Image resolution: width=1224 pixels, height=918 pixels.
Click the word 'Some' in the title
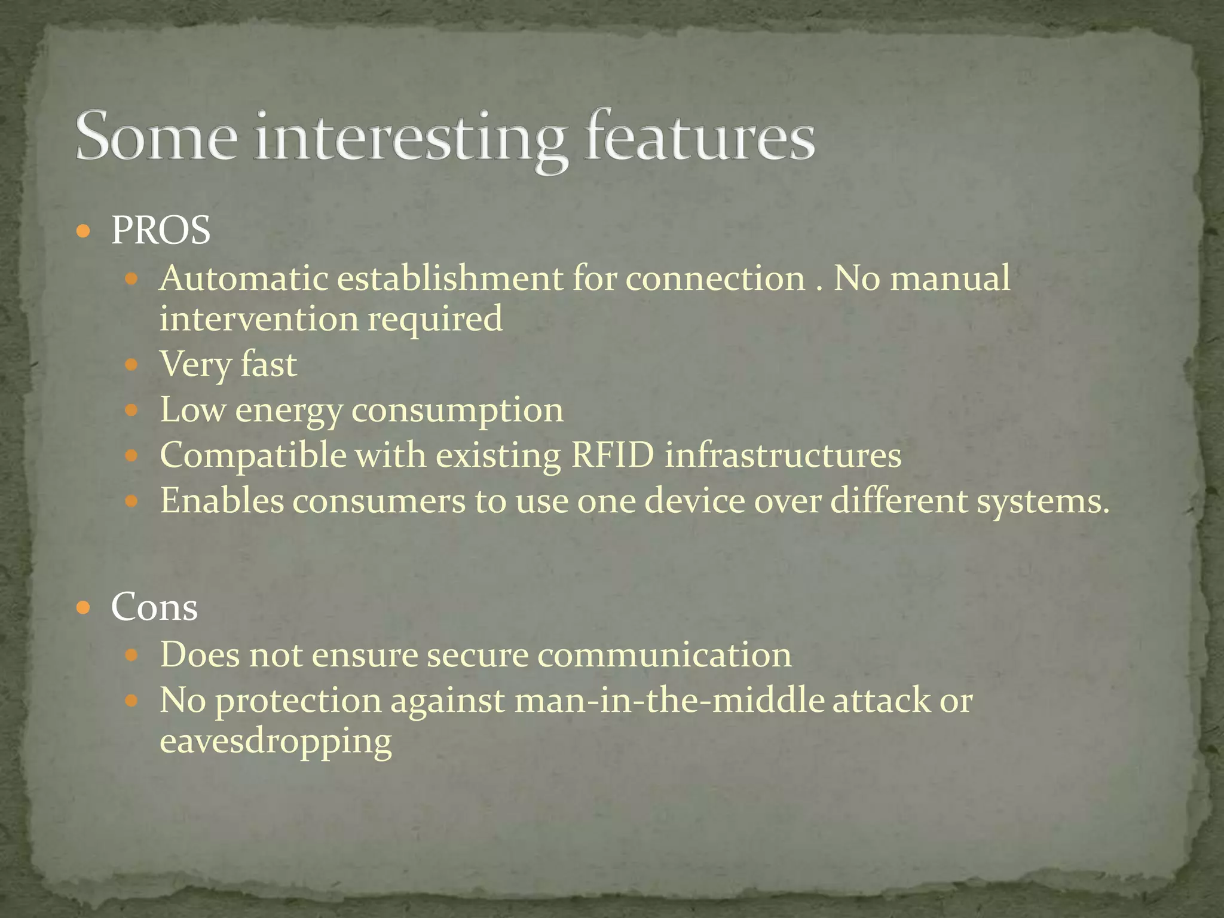pos(157,137)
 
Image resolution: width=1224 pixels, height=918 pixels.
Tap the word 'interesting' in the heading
pos(410,139)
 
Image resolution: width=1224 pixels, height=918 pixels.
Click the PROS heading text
pos(161,230)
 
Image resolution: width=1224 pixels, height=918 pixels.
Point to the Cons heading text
pos(154,607)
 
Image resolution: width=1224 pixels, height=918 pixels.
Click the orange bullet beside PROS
pos(84,231)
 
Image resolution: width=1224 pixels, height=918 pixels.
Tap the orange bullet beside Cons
pos(84,608)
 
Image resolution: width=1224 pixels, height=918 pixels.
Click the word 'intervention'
pos(259,319)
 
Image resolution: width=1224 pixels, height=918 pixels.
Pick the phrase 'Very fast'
pos(228,365)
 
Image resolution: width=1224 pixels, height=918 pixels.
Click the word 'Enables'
pos(222,501)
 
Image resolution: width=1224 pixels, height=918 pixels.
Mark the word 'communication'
pos(664,655)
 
